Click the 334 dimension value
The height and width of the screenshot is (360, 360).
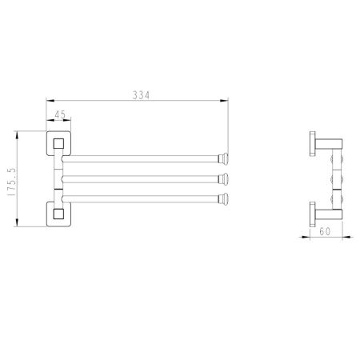[142, 95]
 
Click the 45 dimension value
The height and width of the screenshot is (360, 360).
[60, 115]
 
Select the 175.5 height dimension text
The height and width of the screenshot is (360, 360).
[12, 182]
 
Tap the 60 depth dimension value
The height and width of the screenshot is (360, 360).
[325, 231]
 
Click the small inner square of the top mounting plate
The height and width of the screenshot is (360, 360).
[58, 143]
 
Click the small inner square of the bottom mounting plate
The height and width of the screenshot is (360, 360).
[58, 214]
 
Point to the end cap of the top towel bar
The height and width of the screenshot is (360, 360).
[223, 158]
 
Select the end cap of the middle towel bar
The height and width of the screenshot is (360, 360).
[223, 178]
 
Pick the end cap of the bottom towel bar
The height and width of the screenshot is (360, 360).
[223, 198]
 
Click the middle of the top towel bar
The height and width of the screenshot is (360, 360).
[141, 158]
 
